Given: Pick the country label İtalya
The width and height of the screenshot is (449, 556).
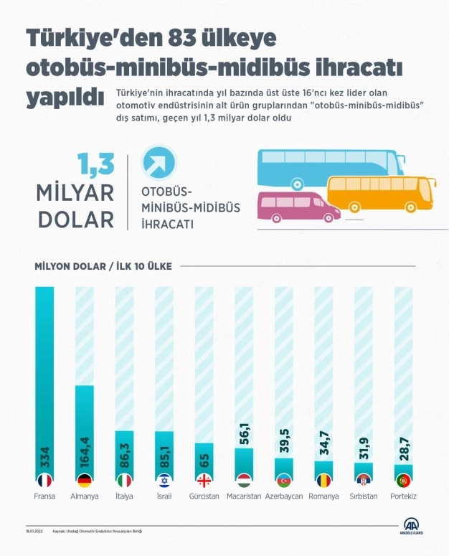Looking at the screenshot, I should click(x=124, y=496).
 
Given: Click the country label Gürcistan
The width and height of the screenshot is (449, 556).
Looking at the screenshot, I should click(x=204, y=496).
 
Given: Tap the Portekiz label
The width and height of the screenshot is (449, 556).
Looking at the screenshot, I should click(x=403, y=496).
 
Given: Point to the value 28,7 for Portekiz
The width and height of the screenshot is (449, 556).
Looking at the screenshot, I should click(x=404, y=448).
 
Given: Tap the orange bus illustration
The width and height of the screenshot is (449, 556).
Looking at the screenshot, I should click(x=380, y=192).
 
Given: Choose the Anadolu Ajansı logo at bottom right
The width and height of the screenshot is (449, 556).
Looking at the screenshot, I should click(x=411, y=529).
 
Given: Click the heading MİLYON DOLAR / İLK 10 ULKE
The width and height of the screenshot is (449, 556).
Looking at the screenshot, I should click(x=103, y=266).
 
